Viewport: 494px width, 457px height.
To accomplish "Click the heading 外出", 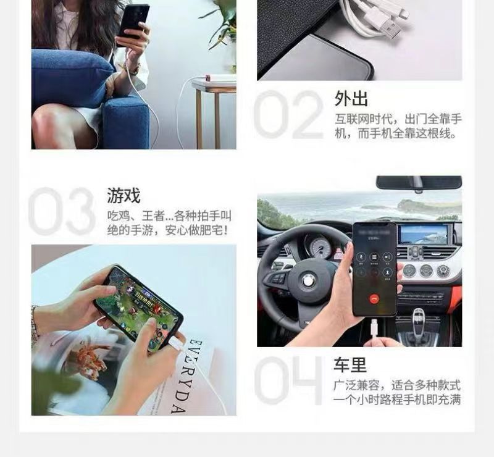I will pos(351,99).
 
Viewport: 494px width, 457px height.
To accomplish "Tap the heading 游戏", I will pos(124,196).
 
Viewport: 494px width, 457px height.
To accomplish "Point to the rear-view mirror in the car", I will pos(419,183).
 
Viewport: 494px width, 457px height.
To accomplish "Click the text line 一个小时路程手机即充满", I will pos(398,400).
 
